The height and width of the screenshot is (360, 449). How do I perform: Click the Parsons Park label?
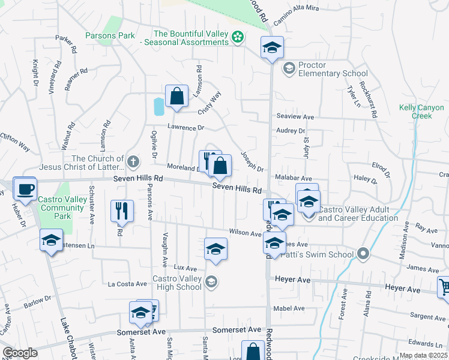[x=109, y=36]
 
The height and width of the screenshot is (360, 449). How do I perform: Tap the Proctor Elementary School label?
[x=334, y=74]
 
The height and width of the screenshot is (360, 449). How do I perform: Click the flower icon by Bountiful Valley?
[x=238, y=37]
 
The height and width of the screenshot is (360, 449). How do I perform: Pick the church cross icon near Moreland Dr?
[x=133, y=162]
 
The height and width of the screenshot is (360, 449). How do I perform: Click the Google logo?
[x=20, y=353]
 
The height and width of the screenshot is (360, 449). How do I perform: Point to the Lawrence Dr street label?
[x=186, y=128]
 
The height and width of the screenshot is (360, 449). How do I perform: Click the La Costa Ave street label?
[x=127, y=284]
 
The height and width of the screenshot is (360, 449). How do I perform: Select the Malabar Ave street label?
[x=294, y=179]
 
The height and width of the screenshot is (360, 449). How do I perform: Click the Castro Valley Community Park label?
[x=61, y=204]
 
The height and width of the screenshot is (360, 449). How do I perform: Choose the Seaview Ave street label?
[x=295, y=116]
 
